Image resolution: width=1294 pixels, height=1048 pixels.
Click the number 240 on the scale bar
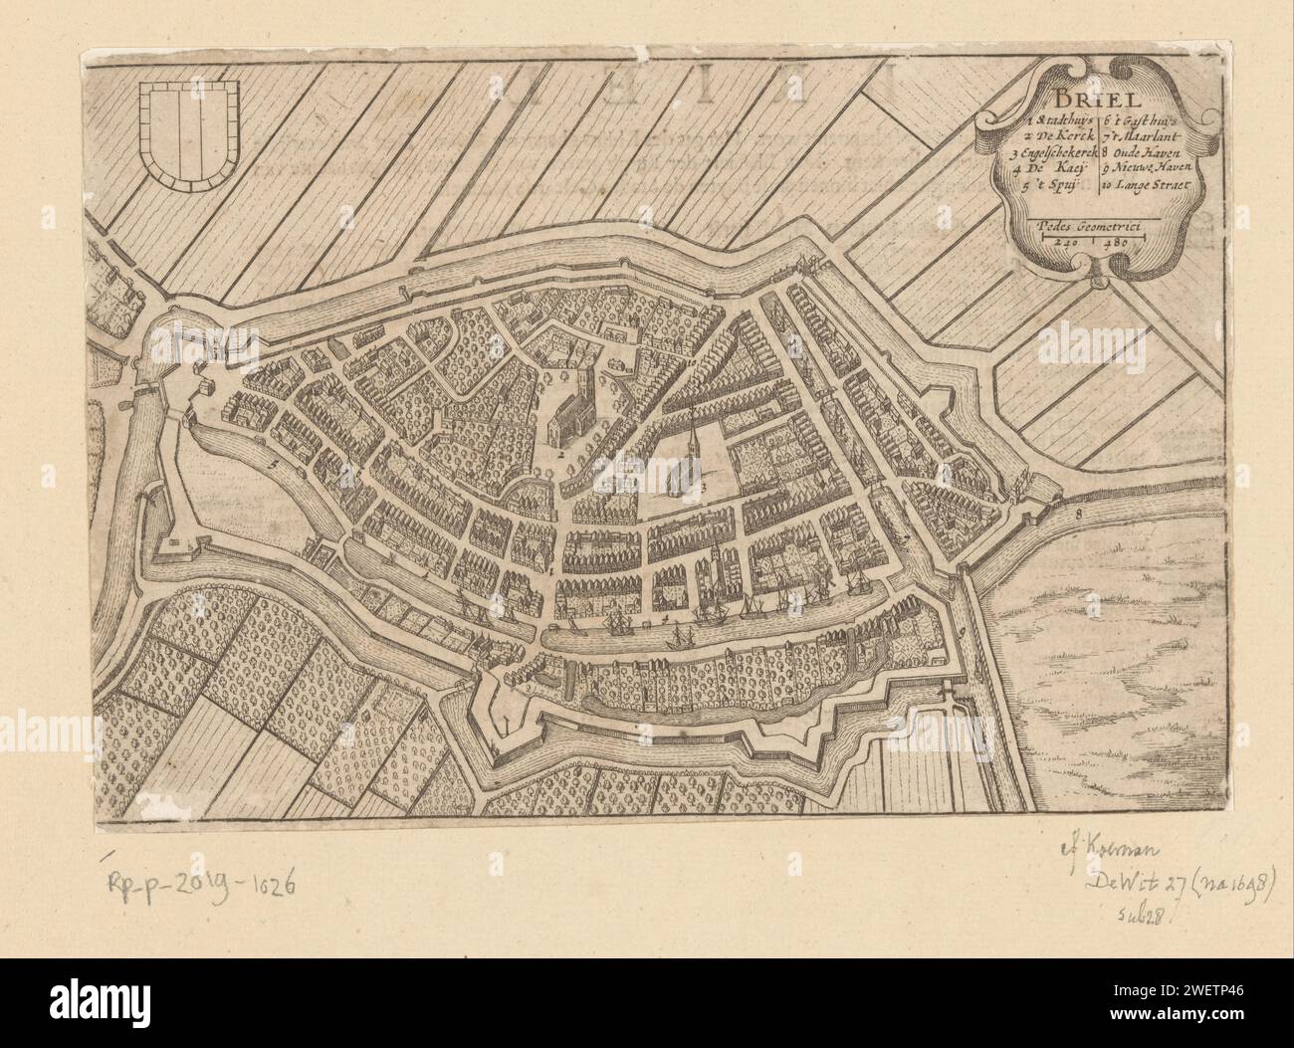(x=1067, y=241)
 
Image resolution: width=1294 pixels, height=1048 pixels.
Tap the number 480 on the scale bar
(x=1115, y=241)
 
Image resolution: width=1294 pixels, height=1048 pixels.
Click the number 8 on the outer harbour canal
(x=1078, y=514)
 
